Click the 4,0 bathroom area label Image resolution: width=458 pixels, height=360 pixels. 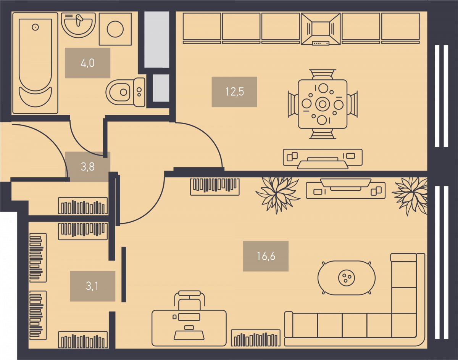87,63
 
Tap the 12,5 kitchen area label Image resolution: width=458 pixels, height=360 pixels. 234,92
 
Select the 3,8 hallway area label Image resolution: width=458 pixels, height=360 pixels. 87,167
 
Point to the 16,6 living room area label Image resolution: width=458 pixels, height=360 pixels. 266,256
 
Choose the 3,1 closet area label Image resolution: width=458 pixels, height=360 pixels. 92,286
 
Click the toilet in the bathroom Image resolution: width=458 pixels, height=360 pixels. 125,92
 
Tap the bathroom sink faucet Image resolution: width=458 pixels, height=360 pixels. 79,20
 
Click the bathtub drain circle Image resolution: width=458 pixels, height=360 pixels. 35,27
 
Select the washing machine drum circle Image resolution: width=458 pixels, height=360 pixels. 115,29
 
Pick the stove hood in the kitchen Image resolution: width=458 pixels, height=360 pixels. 321,29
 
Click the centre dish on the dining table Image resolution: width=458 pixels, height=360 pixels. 323,104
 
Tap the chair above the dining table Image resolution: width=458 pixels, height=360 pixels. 323,74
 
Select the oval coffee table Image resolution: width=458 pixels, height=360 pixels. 347,278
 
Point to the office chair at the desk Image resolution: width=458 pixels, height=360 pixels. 189,300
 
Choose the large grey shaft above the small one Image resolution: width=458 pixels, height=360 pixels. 157,40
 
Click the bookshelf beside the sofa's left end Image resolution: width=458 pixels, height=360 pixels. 256,338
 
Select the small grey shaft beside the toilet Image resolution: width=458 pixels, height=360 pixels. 161,88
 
